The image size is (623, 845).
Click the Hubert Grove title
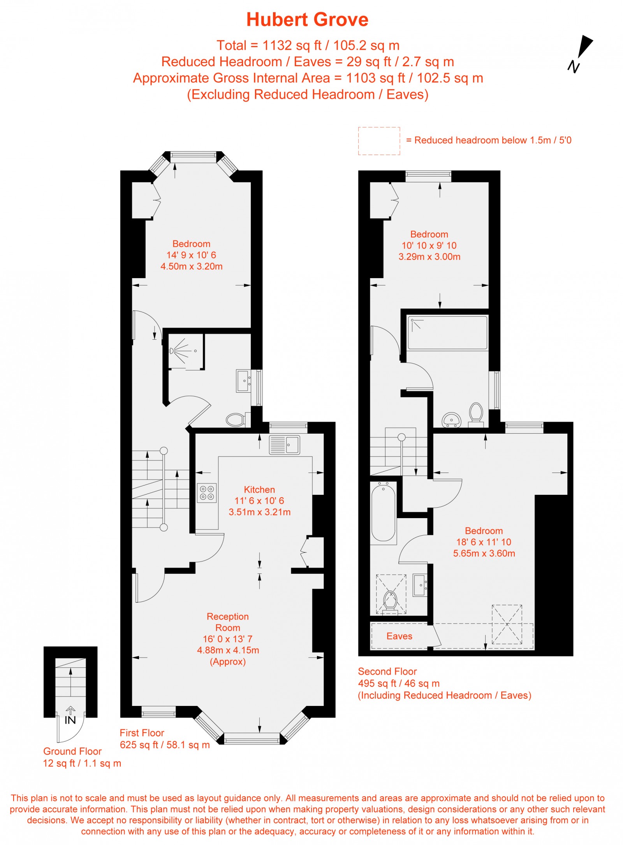(307, 20)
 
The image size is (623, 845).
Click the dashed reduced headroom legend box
(379, 141)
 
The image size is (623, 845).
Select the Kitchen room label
(259, 489)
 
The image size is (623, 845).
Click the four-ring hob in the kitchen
(207, 492)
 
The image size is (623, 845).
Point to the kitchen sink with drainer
(284, 445)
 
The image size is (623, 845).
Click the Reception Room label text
(228, 622)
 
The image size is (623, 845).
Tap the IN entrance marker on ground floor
(70, 720)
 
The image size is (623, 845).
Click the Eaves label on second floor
(399, 636)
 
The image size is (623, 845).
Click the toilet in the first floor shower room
(236, 420)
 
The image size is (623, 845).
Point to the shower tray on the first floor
(186, 351)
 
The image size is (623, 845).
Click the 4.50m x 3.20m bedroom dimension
(192, 266)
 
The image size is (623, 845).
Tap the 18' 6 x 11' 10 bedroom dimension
(484, 542)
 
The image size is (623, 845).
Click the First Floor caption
(142, 733)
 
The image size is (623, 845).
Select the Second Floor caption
(387, 671)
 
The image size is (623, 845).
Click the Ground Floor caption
(72, 751)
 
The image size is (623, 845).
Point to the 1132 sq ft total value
(292, 46)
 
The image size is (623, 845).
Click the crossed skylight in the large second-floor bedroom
(507, 624)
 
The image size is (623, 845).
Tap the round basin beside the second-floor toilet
(451, 420)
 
